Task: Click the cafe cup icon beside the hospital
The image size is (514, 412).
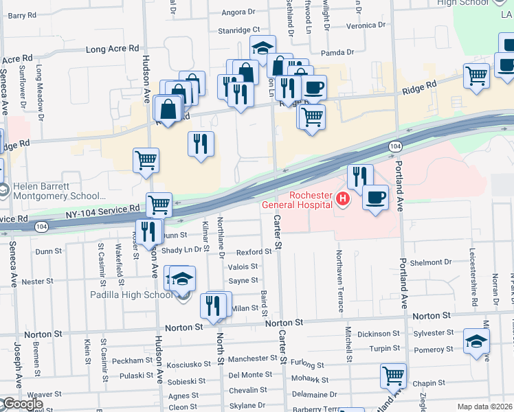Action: pyautogui.click(x=375, y=198)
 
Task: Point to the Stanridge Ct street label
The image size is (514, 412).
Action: pyautogui.click(x=238, y=30)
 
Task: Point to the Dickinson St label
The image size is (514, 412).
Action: pyautogui.click(x=378, y=334)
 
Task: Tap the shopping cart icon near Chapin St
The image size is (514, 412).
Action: pyautogui.click(x=393, y=376)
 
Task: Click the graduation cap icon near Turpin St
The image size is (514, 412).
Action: pyautogui.click(x=476, y=341)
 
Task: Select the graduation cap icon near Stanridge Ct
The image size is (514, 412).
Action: pyautogui.click(x=262, y=47)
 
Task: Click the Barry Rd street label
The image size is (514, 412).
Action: pyautogui.click(x=22, y=15)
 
